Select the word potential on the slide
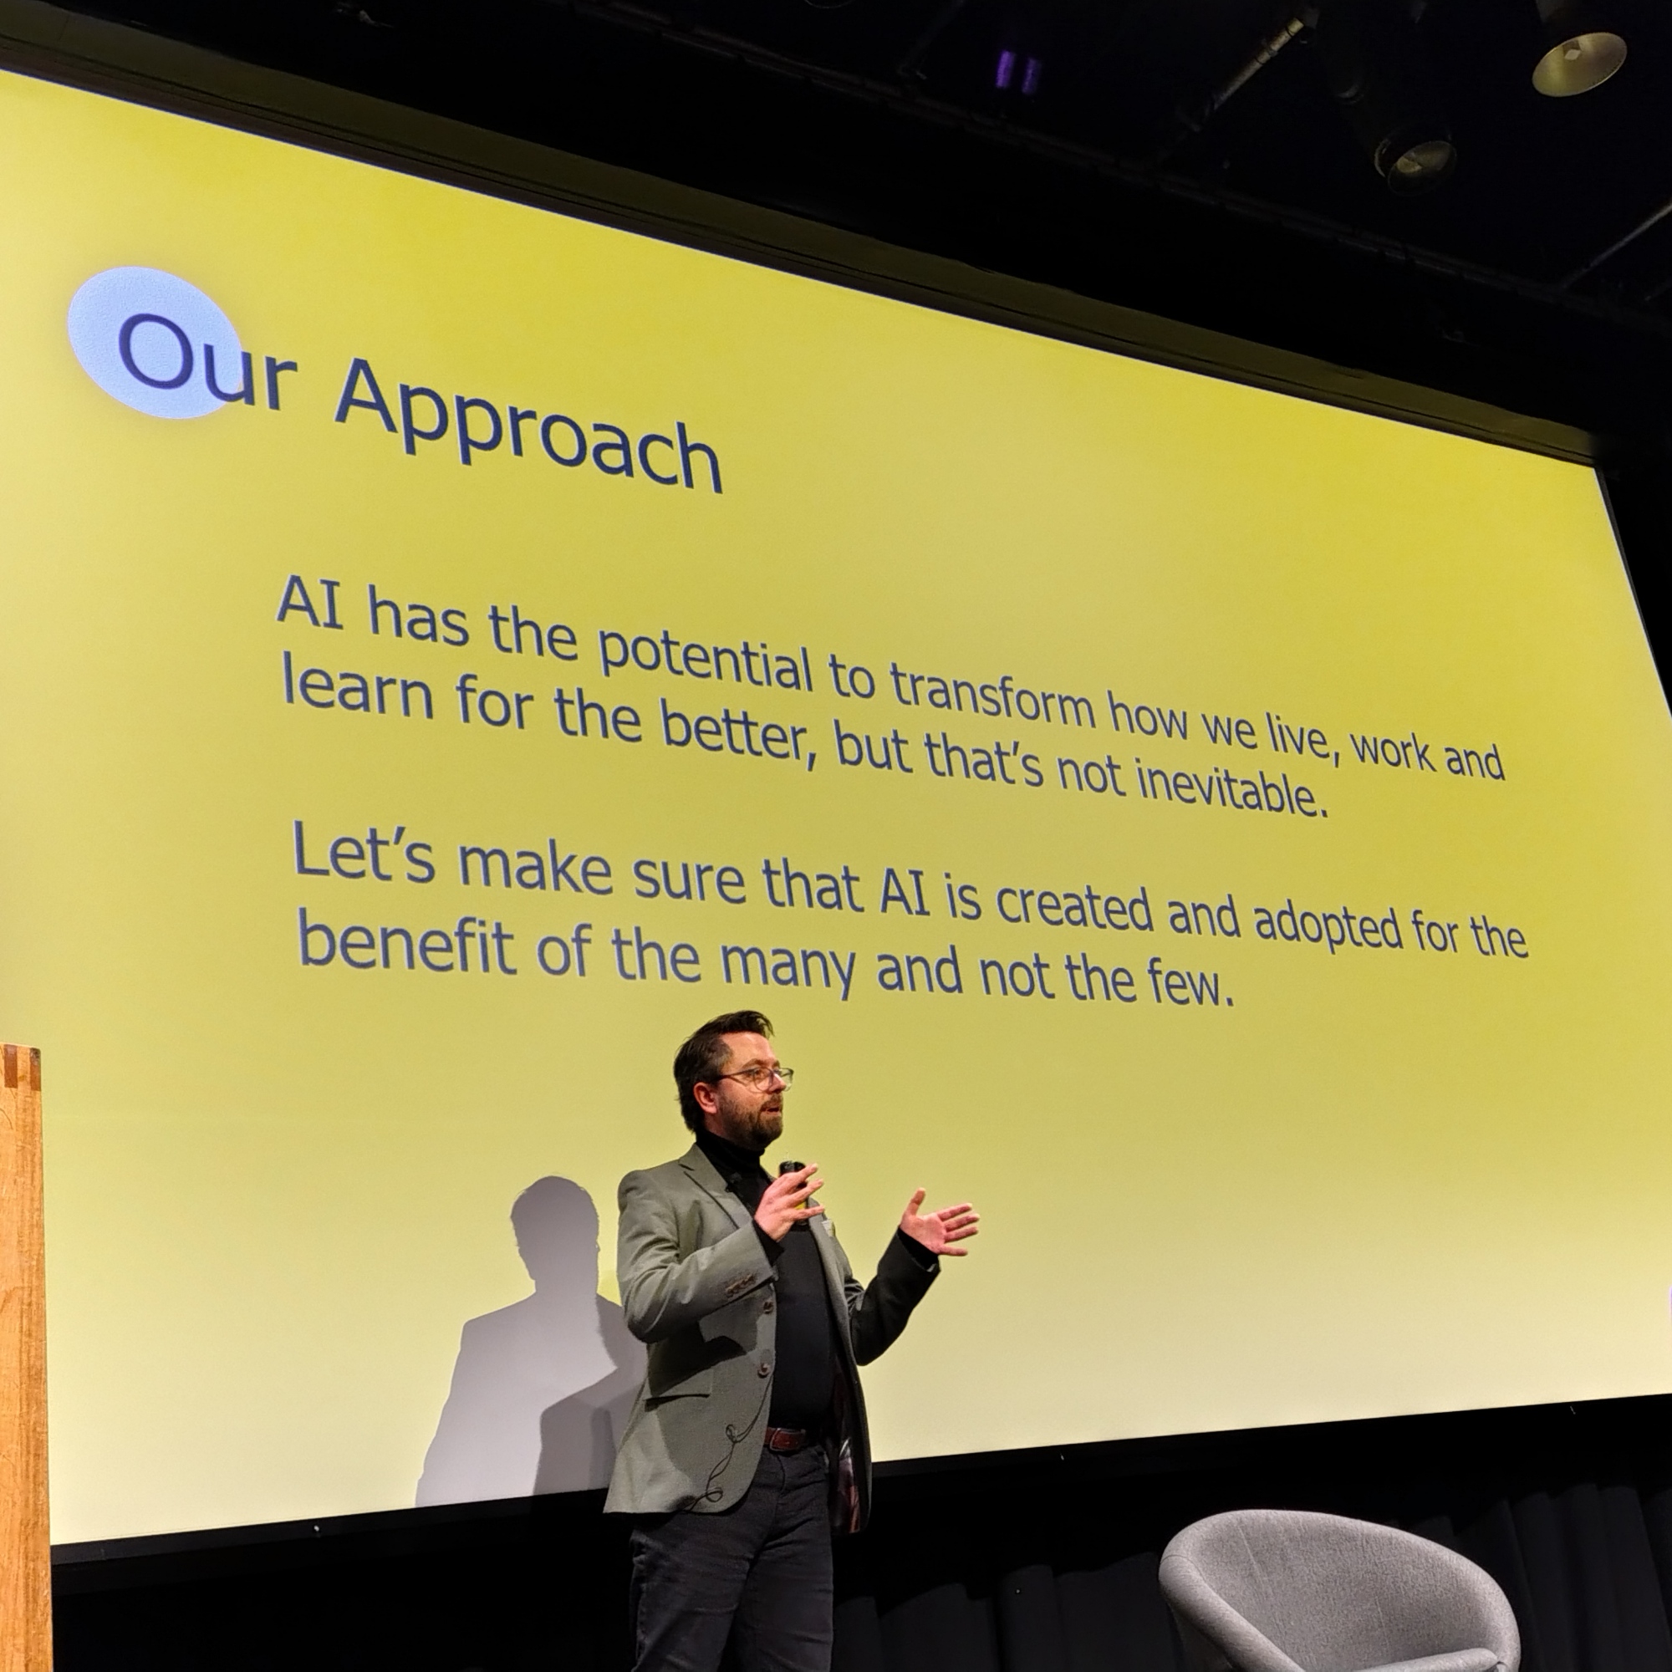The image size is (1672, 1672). click(x=706, y=660)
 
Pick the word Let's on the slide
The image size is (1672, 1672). click(x=364, y=850)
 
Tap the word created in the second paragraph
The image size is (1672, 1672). click(x=1074, y=905)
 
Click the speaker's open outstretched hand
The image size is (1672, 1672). click(x=938, y=1222)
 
